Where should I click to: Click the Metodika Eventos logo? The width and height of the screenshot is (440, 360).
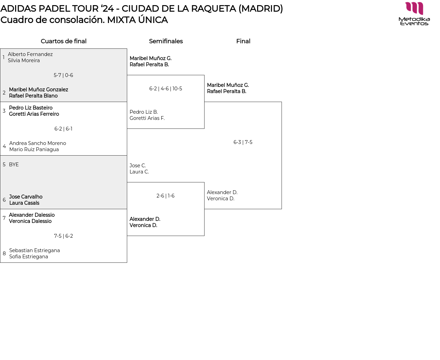click(414, 14)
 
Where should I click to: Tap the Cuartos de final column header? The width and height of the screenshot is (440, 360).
click(64, 41)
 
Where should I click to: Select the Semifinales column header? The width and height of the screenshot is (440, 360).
click(166, 41)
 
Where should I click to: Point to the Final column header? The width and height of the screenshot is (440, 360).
click(243, 41)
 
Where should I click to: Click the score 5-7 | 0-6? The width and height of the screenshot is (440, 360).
click(63, 75)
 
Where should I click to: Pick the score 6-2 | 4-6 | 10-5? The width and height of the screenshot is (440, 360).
click(166, 89)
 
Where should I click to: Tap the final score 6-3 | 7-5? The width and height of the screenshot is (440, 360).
click(243, 142)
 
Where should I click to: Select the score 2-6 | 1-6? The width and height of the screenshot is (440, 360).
click(165, 196)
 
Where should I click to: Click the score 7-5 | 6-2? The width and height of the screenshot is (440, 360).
click(64, 236)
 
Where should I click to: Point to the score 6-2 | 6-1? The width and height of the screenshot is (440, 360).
click(63, 129)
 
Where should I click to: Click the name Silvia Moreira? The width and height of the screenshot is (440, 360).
click(24, 60)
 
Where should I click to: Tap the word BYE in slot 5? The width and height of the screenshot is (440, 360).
click(14, 165)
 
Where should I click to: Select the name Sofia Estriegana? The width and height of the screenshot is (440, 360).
click(29, 257)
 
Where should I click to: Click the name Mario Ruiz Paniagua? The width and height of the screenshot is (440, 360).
click(34, 149)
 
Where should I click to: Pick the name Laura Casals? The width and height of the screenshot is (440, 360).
click(24, 203)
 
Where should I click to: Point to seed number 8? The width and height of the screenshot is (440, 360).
click(4, 254)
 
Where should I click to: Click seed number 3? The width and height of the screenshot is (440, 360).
click(4, 111)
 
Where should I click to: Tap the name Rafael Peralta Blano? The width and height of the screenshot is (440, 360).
click(33, 96)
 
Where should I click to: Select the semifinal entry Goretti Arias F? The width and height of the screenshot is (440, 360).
click(147, 118)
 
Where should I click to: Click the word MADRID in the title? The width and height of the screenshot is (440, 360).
click(261, 9)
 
